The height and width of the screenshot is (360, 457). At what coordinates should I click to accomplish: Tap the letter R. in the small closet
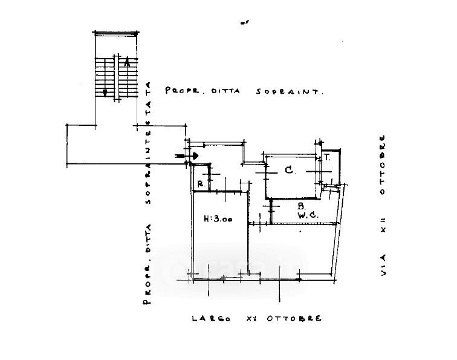click(x=200, y=184)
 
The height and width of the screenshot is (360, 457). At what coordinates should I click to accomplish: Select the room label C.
click(x=290, y=171)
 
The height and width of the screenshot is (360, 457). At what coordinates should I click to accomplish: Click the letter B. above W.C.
click(x=300, y=206)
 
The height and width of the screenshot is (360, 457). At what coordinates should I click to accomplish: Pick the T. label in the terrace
click(x=326, y=157)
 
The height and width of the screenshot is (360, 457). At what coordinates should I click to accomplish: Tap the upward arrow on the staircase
click(x=127, y=62)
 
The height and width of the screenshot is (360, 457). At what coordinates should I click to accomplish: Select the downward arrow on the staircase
click(x=106, y=92)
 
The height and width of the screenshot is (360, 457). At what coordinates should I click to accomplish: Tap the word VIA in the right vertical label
click(x=382, y=266)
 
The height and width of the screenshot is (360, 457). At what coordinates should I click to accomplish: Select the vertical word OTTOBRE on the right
click(x=382, y=165)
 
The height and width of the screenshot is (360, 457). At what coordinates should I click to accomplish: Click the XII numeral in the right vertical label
click(x=382, y=225)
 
